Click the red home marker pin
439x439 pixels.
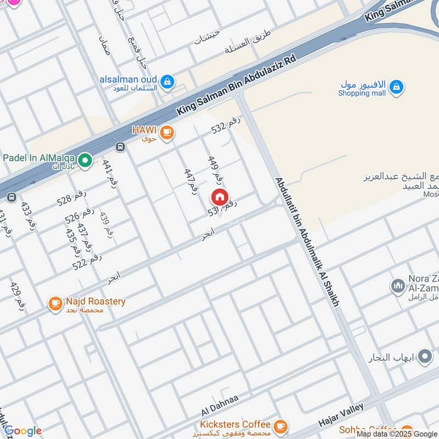click(219, 197)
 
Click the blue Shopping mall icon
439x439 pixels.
click(396, 87)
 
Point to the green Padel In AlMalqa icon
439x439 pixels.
click(85, 160)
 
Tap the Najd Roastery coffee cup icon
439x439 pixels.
click(55, 303)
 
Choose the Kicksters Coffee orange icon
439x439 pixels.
click(280, 425)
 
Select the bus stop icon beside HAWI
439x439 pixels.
click(120, 147)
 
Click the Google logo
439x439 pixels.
click(22, 431)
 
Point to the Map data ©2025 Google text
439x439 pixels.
click(396, 434)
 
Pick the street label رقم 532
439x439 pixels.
click(227, 127)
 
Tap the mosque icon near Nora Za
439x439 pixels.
click(397, 286)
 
